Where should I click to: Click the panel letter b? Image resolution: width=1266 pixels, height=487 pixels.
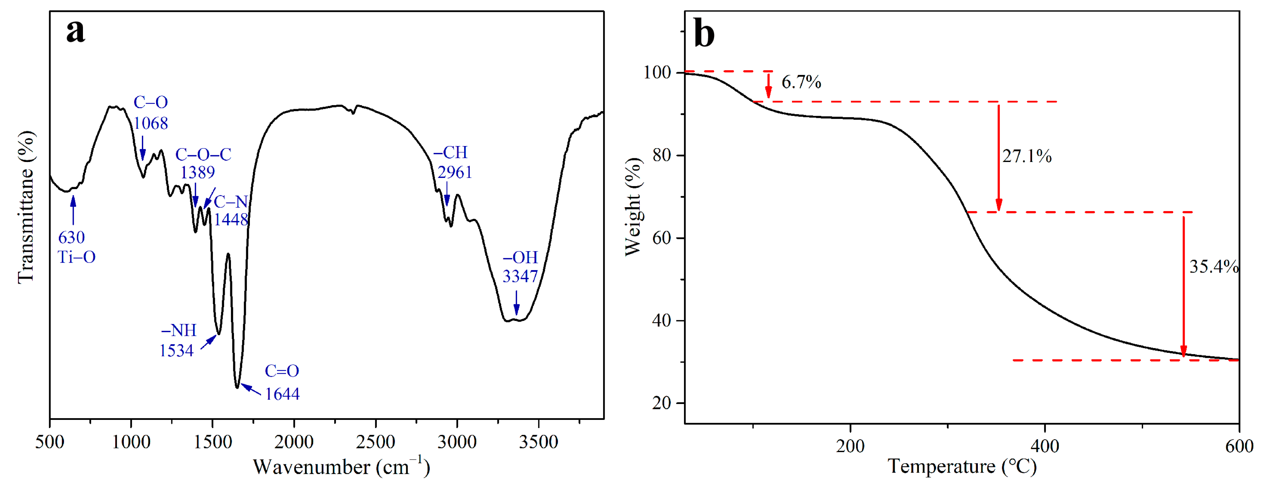tap(704, 34)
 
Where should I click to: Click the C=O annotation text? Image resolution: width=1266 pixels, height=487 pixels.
tap(282, 371)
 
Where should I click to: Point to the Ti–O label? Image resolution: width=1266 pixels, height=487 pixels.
tap(77, 257)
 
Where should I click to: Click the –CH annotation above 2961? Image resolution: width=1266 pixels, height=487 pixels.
tap(450, 153)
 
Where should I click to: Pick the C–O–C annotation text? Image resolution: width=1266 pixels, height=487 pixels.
tap(203, 155)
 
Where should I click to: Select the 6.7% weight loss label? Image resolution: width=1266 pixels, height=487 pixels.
tap(801, 82)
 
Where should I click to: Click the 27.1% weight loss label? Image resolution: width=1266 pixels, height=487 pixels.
tap(1027, 157)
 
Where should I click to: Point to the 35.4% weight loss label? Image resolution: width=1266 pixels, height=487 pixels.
tap(1213, 267)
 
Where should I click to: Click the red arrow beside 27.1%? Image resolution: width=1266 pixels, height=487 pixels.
tap(998, 157)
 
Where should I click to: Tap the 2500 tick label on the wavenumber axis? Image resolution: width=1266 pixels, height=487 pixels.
tap(375, 442)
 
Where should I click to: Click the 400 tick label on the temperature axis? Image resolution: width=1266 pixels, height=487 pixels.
tap(1044, 446)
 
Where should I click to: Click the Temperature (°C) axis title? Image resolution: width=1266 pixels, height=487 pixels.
tap(962, 466)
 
